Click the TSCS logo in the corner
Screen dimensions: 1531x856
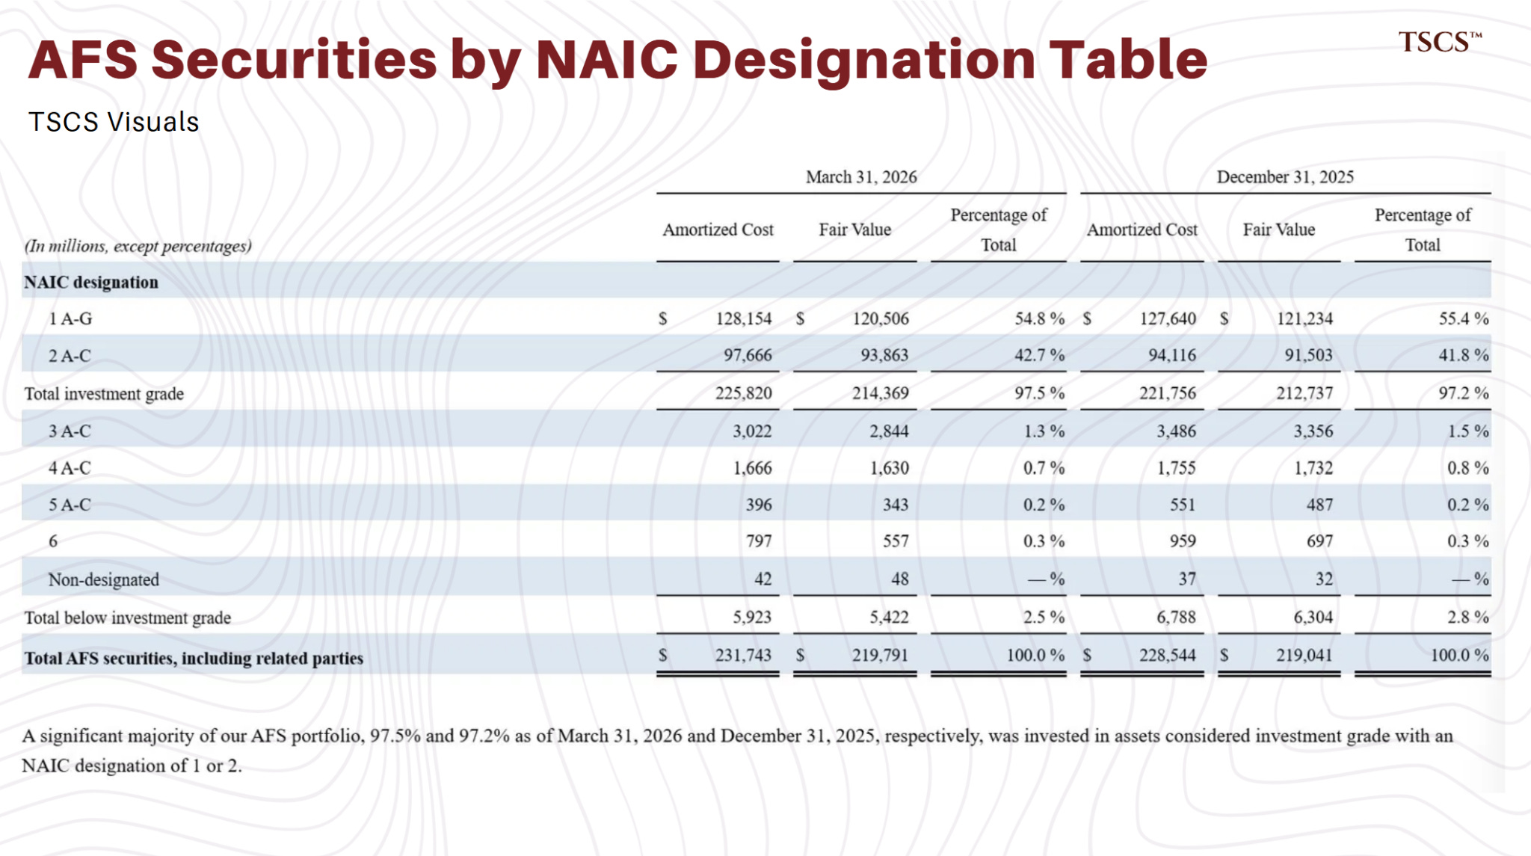(1440, 43)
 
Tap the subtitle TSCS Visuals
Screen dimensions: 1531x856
(114, 122)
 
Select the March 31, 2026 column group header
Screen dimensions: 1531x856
(861, 177)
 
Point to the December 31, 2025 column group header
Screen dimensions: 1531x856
(1285, 177)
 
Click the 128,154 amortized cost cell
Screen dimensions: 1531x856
(744, 319)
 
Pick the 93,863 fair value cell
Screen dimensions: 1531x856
(884, 355)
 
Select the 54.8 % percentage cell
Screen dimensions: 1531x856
(1039, 319)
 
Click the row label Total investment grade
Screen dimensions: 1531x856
(104, 394)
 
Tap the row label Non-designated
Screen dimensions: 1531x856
(104, 579)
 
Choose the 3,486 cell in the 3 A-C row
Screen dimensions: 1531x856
(1176, 431)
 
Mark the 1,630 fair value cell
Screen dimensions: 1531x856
(889, 468)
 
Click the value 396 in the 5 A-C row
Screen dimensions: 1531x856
(759, 505)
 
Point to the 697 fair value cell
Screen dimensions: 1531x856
(1319, 541)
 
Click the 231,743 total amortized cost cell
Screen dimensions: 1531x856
(744, 656)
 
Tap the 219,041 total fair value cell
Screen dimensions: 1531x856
(1304, 656)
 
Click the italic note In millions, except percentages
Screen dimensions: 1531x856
(138, 246)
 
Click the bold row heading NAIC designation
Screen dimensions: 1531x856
(91, 283)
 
